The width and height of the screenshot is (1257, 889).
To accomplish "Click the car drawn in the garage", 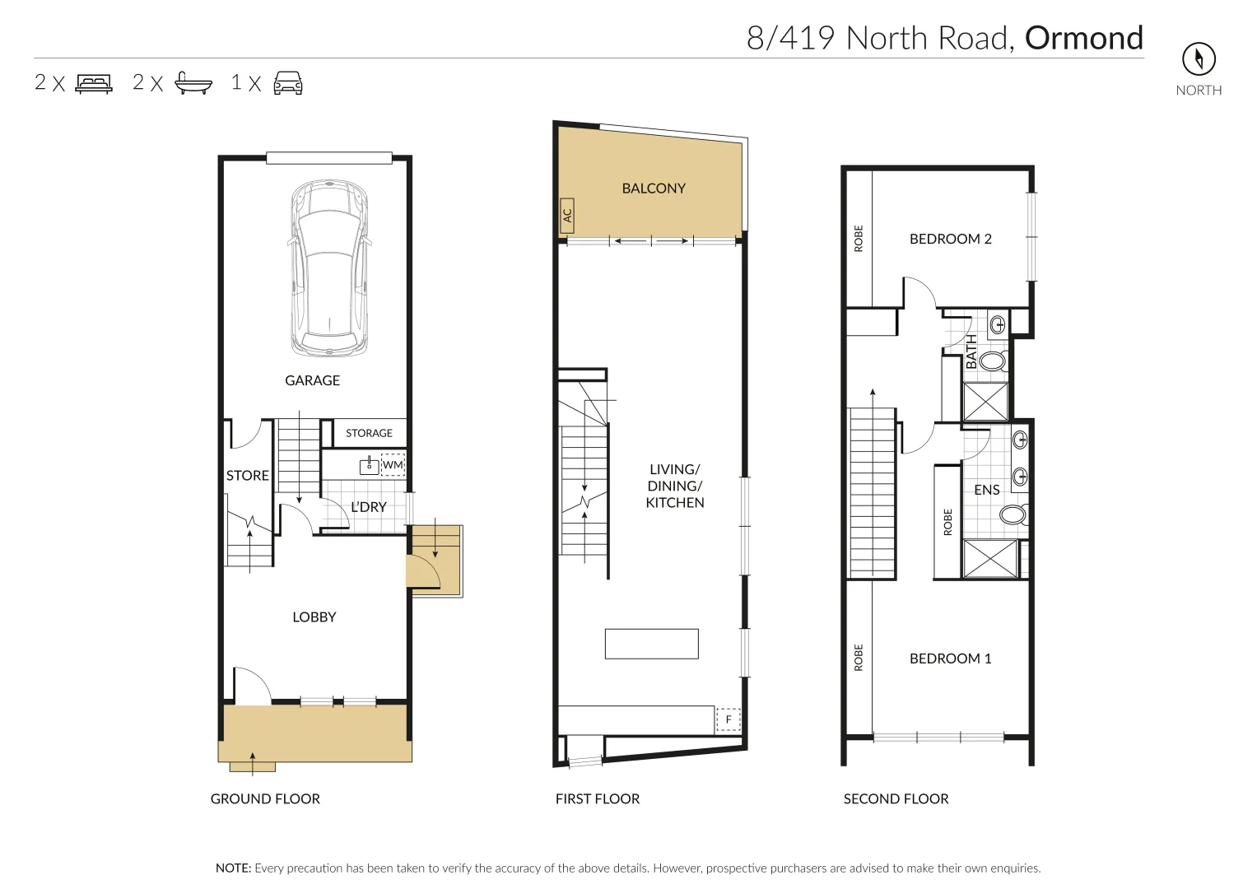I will point(328,268).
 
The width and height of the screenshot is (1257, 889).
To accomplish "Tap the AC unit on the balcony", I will point(566,215).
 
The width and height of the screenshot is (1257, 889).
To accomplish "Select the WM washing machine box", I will point(393,465).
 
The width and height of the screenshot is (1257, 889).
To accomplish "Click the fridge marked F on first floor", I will point(728,719).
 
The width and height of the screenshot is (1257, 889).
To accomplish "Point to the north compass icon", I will point(1199,58).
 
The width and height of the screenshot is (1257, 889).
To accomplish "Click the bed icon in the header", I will point(94,82).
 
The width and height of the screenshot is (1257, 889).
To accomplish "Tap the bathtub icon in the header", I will point(193,82).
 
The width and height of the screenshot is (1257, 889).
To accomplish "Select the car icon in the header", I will point(287,82).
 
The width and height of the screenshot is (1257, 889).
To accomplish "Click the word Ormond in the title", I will point(1083,38).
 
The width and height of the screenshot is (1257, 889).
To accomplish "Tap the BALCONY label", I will point(654,189).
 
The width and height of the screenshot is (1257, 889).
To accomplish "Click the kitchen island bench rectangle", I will point(651,644).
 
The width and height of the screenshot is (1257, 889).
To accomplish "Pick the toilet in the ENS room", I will point(1013,516).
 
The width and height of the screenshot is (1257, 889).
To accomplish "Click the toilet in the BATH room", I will point(993,361).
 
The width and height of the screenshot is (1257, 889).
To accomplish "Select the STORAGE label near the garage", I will point(369,433).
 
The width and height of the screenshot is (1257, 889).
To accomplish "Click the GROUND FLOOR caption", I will point(265,798).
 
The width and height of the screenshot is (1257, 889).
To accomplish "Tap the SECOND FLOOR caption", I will point(896,798).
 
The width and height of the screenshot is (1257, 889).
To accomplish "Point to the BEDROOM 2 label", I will point(950,239).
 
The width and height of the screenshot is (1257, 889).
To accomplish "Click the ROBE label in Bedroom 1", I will point(859,658).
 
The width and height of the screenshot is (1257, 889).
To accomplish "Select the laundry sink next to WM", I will point(369,466).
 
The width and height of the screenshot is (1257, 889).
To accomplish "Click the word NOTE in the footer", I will point(233,868).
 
